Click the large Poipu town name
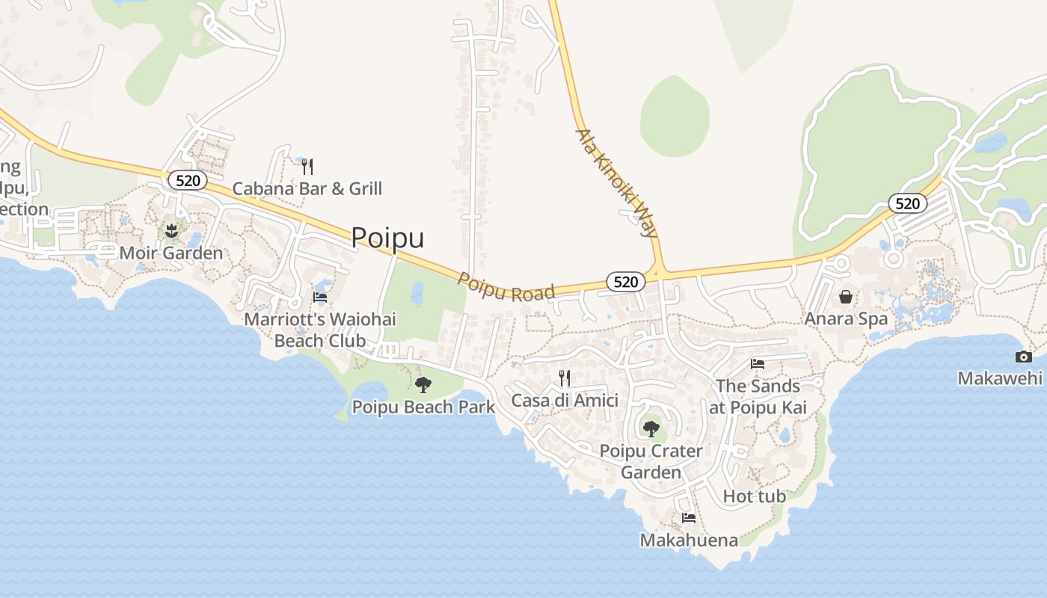tap(387, 237)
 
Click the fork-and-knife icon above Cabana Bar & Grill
tap(307, 166)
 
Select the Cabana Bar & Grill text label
tap(307, 188)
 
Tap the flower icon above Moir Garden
tap(172, 230)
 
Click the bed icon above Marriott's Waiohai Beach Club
tap(320, 298)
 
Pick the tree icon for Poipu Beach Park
tap(423, 385)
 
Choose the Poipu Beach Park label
tap(423, 407)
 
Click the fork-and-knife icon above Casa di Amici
tap(565, 378)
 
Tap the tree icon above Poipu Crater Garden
tap(651, 429)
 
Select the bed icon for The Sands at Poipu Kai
tap(758, 364)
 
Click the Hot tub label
tap(755, 496)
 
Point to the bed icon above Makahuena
tap(689, 517)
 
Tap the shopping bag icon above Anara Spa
tap(846, 297)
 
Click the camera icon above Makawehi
tap(1023, 357)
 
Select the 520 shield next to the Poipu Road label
tap(625, 281)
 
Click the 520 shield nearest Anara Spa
tap(908, 203)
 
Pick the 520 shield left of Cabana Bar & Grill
tap(187, 180)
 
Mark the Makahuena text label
tap(689, 540)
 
